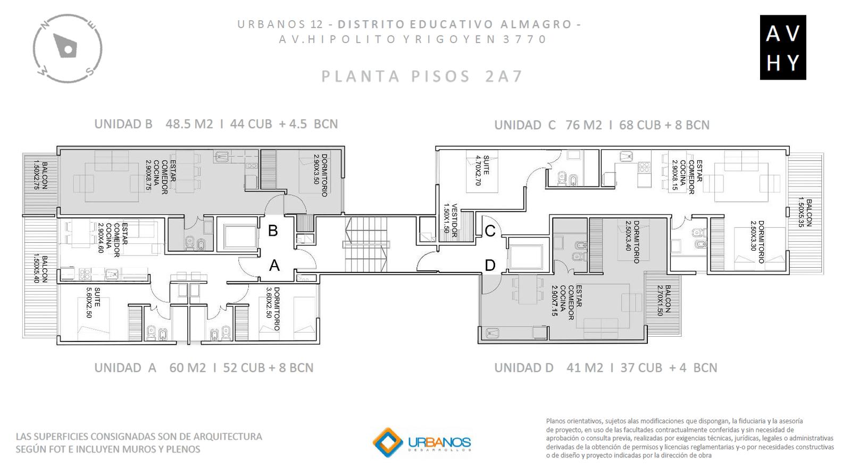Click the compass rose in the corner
(68, 48)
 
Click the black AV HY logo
(782, 47)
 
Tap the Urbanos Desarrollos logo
(422, 442)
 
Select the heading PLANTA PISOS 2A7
(422, 76)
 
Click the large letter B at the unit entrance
(273, 231)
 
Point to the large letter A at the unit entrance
(274, 266)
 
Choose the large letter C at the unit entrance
(490, 231)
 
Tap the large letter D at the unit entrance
(490, 266)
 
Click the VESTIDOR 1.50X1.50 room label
(450, 221)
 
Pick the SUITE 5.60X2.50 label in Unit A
(93, 302)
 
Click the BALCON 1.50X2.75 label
(40, 176)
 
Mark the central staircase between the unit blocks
(366, 244)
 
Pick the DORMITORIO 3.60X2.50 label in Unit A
(272, 309)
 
